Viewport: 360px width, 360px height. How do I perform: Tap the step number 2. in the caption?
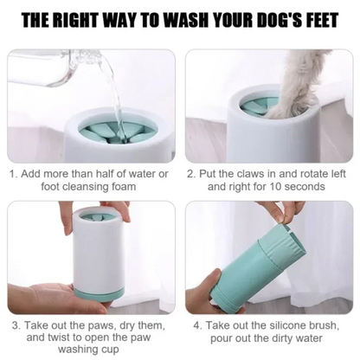tap(191, 172)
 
